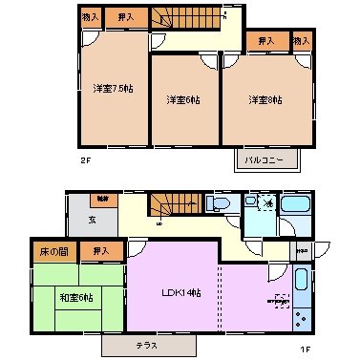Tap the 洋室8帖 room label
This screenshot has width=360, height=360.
[265, 99]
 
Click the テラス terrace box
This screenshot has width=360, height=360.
[146, 343]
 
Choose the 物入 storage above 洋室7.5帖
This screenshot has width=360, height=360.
[91, 16]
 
